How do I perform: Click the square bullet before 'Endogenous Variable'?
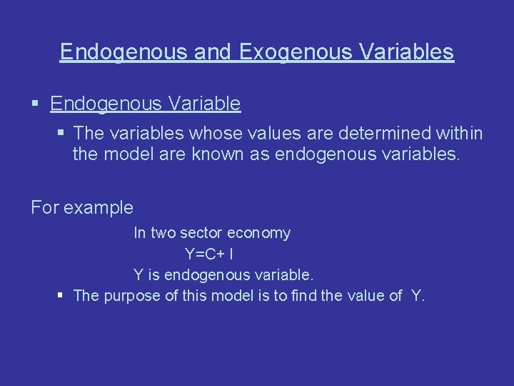click(x=36, y=104)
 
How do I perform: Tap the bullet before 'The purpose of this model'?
click(x=62, y=296)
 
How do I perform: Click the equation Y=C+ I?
click(x=212, y=254)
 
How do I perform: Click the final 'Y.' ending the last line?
click(x=418, y=296)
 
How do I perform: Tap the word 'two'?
click(x=164, y=233)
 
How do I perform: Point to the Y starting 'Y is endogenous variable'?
click(x=138, y=274)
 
